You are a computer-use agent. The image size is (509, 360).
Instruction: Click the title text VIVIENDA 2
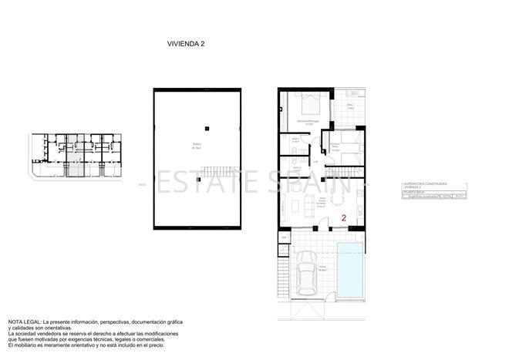click(186, 45)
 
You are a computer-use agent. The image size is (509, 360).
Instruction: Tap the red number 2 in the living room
click(342, 218)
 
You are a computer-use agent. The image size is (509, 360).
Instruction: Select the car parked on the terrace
click(301, 271)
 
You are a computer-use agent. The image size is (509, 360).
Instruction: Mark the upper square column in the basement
click(206, 127)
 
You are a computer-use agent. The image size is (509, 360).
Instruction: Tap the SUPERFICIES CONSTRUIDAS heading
click(424, 184)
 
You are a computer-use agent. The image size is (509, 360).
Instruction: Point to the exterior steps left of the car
click(280, 278)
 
